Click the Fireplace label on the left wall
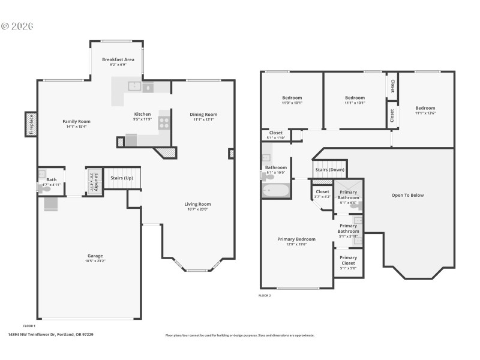[30, 125]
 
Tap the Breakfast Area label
[118, 59]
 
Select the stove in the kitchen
[164, 123]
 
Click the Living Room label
[197, 204]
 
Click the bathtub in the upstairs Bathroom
[276, 191]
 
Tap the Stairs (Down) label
[329, 169]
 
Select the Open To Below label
[407, 195]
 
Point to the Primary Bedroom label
[296, 239]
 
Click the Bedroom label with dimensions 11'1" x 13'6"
[425, 108]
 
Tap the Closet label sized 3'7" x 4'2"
[322, 192]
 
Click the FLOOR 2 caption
[265, 296]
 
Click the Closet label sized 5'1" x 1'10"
[275, 133]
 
